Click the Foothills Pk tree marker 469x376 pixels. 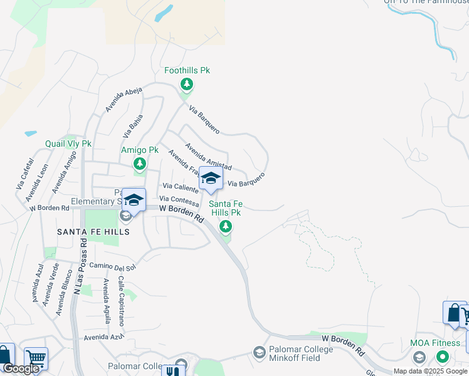(186, 83)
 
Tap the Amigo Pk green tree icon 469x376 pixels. (139, 164)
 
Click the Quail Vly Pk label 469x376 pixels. (68, 144)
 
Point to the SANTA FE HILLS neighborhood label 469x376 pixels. (93, 232)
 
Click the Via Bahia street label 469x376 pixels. (133, 125)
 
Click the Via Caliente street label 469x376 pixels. (181, 187)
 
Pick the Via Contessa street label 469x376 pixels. (180, 197)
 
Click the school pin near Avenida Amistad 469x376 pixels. (211, 179)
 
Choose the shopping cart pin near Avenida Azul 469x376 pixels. (36, 358)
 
